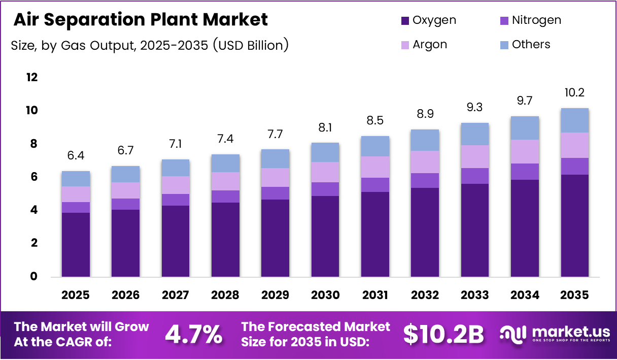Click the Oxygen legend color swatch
coord(405,21)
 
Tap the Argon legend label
coord(430,44)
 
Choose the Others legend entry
coord(531,44)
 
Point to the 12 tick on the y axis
coord(32,77)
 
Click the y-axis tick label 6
coord(33,177)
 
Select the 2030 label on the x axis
coord(325,296)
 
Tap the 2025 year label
coord(76,296)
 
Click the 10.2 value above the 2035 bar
coord(574,93)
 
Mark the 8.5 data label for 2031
coord(375,121)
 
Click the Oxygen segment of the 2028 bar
coord(225,240)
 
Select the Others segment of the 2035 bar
coord(574,120)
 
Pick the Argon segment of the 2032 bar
coord(425,162)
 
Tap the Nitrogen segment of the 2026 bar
coord(125,204)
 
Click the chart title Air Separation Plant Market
coord(141,19)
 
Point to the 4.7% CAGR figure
coord(193,334)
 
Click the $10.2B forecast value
coord(443,334)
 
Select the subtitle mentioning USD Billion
coord(150,45)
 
